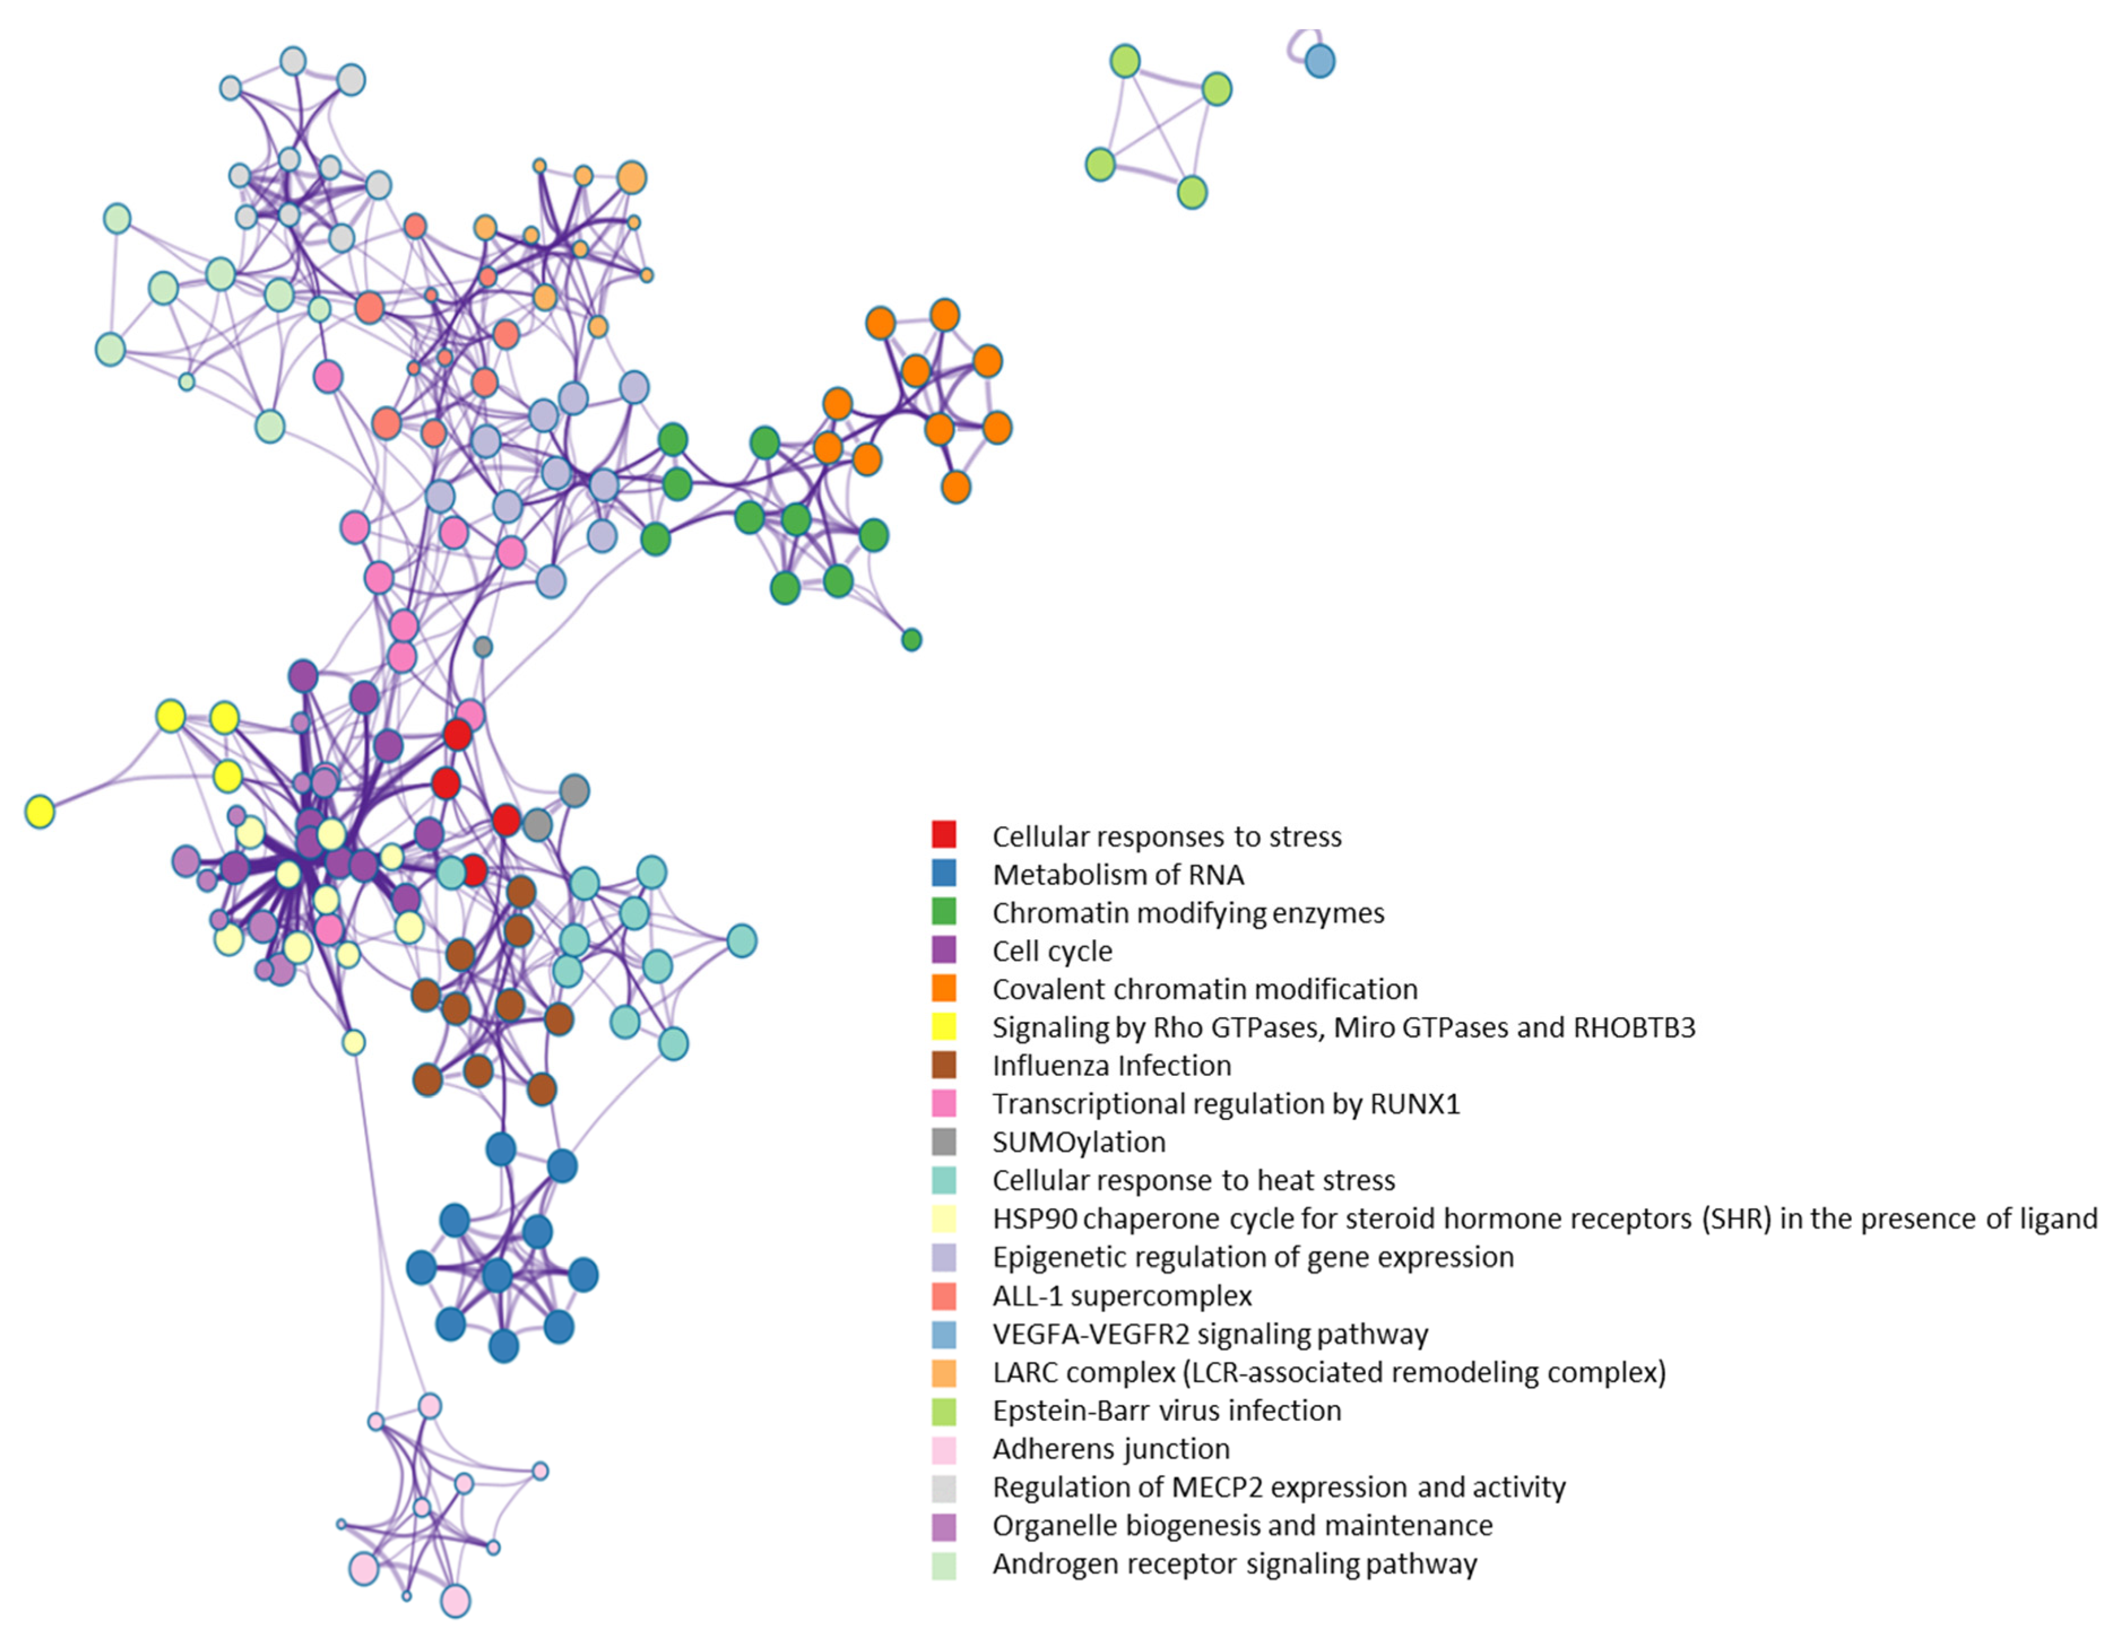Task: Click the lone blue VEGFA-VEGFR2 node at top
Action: coord(1319,61)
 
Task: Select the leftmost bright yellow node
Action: coord(40,812)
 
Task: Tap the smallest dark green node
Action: coord(911,639)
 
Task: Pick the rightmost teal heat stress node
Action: coord(741,940)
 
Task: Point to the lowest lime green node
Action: coord(1192,192)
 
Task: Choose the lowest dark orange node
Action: coord(956,486)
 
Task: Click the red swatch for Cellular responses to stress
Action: coord(944,835)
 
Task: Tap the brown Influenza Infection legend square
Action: coord(944,1065)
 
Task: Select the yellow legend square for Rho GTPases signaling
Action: coord(944,1026)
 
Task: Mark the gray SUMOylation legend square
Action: coord(944,1142)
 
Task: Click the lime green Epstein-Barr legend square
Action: coord(944,1411)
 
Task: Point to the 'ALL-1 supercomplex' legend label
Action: coord(1122,1295)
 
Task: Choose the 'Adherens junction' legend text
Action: coord(1111,1448)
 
